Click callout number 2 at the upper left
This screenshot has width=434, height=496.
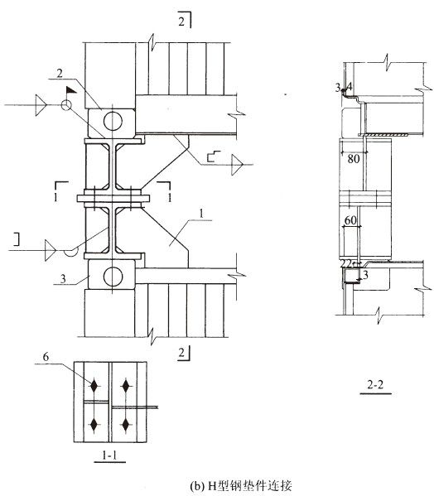point(60,74)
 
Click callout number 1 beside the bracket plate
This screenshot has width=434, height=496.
point(200,214)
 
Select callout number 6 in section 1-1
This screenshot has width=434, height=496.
point(46,357)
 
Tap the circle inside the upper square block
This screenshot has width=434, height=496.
point(113,121)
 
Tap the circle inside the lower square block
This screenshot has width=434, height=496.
point(113,277)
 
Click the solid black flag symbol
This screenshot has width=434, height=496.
point(71,89)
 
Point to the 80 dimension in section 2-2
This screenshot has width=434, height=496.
point(354,158)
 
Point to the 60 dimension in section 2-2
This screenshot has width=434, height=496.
point(350,220)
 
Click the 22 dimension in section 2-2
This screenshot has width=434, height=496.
point(346,263)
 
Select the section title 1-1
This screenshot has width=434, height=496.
point(109,455)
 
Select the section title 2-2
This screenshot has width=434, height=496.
point(375,385)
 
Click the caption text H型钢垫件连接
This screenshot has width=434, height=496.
point(249,485)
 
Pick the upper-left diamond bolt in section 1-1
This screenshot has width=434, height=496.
point(94,386)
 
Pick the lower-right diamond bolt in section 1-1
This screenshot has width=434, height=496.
point(126,425)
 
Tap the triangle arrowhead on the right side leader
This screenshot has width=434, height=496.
point(237,165)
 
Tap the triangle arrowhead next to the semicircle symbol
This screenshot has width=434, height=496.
point(51,251)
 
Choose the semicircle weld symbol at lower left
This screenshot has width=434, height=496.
point(71,252)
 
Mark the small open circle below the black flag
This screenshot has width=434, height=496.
point(66,105)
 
